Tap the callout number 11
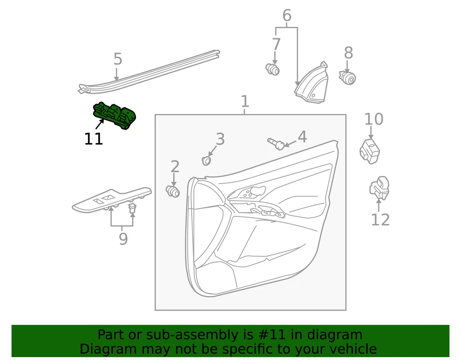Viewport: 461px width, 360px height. tap(94, 139)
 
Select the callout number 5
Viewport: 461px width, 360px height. tap(118, 59)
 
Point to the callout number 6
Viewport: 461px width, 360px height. tap(287, 16)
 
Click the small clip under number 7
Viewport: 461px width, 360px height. tap(273, 70)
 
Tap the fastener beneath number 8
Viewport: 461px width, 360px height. tap(348, 77)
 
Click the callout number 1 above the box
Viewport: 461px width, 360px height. tap(245, 101)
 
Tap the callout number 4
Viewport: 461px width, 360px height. tap(302, 137)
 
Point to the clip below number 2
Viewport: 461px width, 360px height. tap(172, 191)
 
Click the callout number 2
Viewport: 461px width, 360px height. tap(175, 167)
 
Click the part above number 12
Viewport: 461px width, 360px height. tap(379, 188)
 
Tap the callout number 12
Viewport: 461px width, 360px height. tap(380, 220)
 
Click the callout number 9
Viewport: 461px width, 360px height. tap(123, 239)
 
